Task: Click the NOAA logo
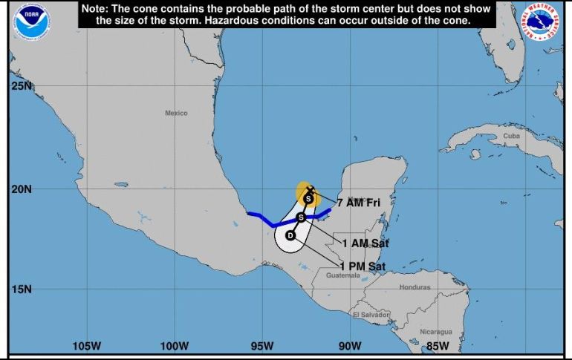coord(30,20)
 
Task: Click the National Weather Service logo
coord(541,20)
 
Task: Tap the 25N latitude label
coord(22,86)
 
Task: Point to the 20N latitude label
coord(22,189)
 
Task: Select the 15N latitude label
coord(22,289)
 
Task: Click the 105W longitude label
coord(86,346)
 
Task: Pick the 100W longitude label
coord(174,346)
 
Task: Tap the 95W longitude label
coord(261,346)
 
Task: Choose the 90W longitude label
coord(350,346)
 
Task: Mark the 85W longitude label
coord(438,346)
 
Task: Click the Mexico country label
coord(176,113)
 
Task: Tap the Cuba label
coord(511,137)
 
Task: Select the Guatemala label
coord(342,275)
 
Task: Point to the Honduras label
coord(415,287)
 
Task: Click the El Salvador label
coord(371,315)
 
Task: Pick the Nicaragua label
coord(435,331)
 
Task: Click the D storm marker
coord(290,235)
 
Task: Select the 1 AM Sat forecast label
coord(365,243)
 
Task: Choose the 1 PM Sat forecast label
coord(363,266)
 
